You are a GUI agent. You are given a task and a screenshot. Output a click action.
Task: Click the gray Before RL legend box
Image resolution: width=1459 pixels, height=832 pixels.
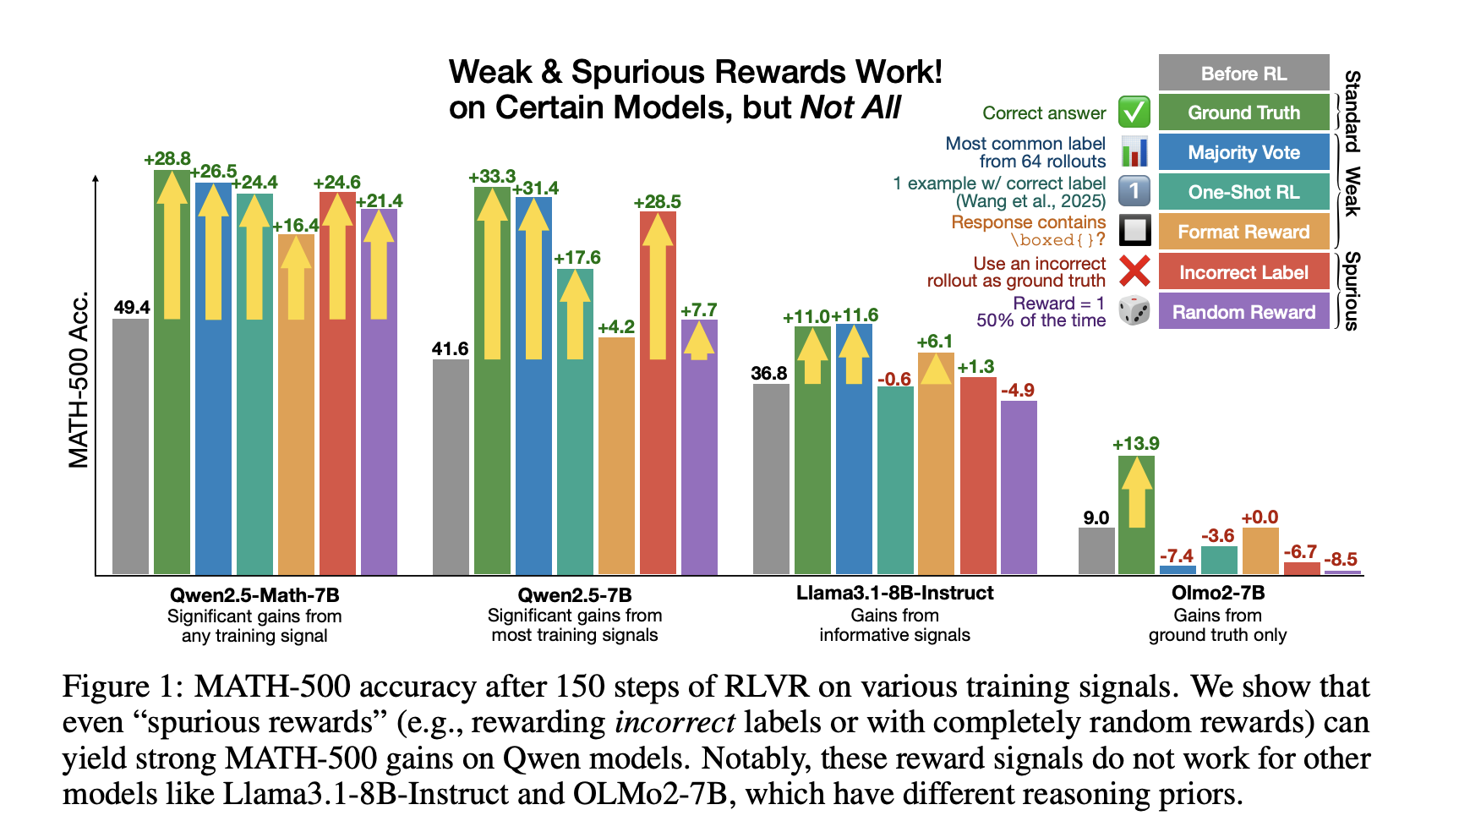[1243, 74]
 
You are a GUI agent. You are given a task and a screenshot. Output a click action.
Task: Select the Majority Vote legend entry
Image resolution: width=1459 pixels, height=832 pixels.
[1243, 153]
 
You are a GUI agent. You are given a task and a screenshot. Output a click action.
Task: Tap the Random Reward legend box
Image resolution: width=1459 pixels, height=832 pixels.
[1243, 312]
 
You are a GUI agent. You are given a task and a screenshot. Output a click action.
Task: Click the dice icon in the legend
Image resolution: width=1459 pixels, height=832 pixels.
[1134, 310]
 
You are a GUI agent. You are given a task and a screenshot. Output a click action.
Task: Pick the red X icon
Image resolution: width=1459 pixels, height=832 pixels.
[1134, 271]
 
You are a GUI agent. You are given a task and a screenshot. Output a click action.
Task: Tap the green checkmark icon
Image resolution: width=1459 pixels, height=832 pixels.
[1134, 112]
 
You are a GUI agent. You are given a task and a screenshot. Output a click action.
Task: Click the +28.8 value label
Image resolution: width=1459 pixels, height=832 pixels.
[167, 159]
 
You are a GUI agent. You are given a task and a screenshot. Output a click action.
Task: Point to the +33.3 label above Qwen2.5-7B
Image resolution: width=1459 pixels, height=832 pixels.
[492, 177]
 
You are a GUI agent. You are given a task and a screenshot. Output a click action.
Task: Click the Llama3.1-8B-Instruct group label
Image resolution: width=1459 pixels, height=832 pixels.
[894, 593]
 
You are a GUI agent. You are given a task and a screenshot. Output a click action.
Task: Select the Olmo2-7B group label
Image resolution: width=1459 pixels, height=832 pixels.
[1217, 593]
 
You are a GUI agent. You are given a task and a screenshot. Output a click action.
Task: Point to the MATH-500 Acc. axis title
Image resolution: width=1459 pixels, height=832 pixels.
[79, 380]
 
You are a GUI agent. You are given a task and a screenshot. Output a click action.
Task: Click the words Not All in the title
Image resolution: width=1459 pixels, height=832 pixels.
[850, 108]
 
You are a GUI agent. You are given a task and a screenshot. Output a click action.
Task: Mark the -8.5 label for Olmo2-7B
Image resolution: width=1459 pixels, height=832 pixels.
[1341, 559]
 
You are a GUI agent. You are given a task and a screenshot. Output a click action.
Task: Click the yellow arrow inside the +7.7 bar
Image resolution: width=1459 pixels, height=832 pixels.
[698, 342]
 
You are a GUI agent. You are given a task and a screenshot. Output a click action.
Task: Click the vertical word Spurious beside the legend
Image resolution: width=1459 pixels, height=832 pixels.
[1351, 291]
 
